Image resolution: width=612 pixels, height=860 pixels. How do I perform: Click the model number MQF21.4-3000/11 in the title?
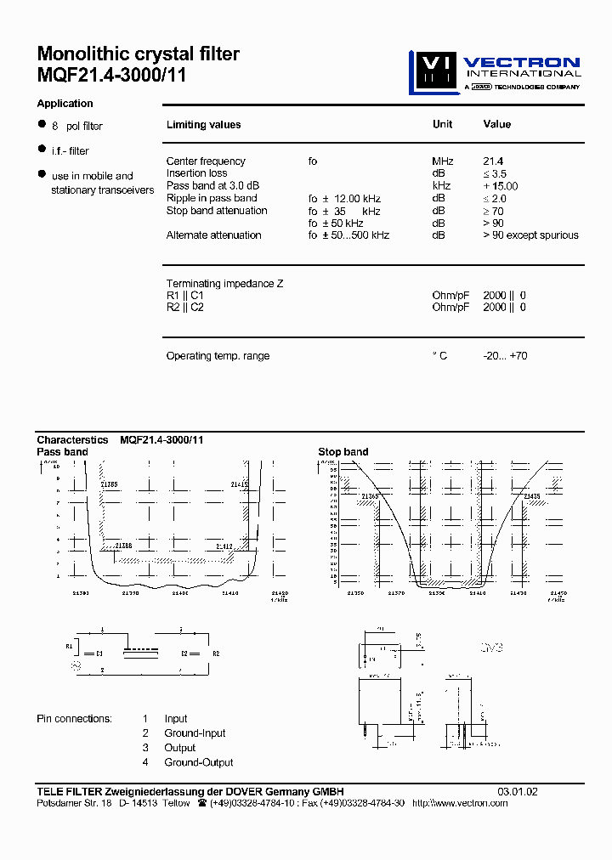click(111, 75)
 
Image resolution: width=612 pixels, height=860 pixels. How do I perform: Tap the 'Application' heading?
click(65, 104)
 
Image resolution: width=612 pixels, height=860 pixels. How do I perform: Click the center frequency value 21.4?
click(493, 161)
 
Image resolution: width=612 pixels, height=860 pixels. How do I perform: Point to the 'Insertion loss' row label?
click(196, 173)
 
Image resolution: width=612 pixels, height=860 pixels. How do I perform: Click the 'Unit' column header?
click(442, 124)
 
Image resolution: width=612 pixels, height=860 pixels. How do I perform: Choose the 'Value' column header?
click(496, 124)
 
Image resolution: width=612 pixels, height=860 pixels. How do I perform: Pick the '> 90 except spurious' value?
click(530, 235)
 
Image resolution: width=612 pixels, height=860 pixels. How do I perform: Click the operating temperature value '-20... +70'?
click(505, 356)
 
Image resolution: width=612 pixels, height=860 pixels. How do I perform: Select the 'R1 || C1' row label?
click(184, 296)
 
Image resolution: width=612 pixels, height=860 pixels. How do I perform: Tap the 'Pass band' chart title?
click(62, 452)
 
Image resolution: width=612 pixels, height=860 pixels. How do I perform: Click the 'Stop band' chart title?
click(343, 452)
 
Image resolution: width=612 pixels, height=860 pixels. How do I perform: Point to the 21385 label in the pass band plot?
click(110, 484)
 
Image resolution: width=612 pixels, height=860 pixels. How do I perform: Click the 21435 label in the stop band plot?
click(531, 496)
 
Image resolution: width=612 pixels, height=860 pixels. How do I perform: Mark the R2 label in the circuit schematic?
click(216, 653)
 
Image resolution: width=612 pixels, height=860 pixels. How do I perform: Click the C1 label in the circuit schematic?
click(99, 653)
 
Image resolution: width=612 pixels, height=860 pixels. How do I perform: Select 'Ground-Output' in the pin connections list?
click(199, 762)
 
